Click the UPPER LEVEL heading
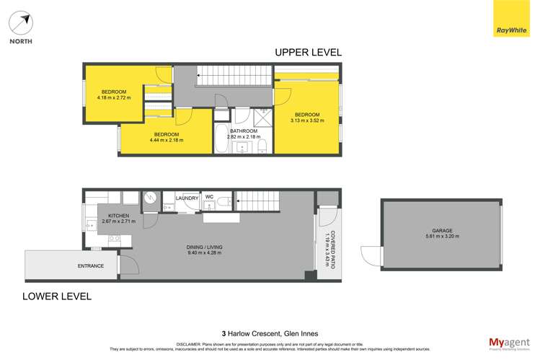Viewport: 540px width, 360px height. tap(308, 53)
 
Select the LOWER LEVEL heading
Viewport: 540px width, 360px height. tap(57, 296)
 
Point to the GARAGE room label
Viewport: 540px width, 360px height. tap(442, 230)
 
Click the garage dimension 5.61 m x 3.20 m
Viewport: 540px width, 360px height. tap(442, 236)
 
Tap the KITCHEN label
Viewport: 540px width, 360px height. tap(118, 216)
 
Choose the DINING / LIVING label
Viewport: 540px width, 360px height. tap(204, 247)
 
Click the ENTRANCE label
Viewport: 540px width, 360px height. tap(91, 266)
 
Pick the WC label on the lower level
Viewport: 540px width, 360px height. tap(210, 196)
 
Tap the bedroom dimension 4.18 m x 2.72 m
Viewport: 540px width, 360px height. tap(114, 97)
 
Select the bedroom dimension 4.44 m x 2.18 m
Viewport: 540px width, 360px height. tap(167, 140)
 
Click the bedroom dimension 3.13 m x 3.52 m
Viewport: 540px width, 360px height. tap(306, 120)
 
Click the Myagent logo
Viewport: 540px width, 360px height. tap(505, 341)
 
